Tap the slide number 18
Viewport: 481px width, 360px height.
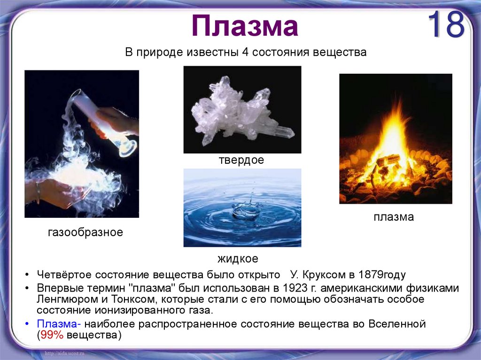pos(446,25)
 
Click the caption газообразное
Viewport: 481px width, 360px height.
pos(85,232)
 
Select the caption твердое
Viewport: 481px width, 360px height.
pos(241,160)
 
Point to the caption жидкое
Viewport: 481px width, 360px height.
pos(238,259)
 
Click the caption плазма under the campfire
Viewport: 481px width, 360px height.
pos(394,217)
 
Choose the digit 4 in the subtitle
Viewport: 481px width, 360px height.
pos(245,53)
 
